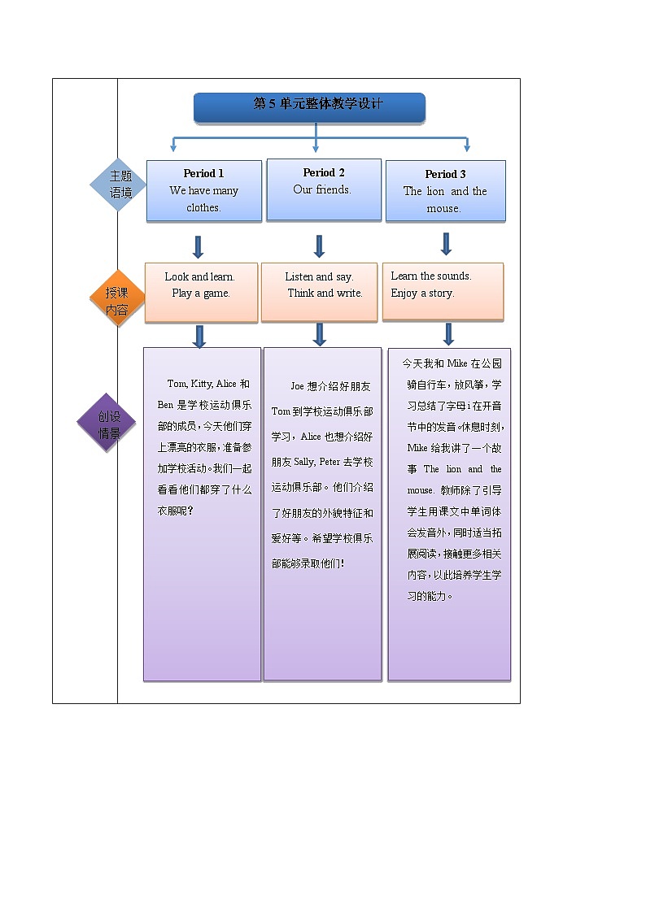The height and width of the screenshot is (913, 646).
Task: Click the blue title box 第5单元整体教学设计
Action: (309, 107)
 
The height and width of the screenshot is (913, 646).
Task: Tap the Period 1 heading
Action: (203, 173)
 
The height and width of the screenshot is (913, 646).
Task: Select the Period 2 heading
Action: (324, 172)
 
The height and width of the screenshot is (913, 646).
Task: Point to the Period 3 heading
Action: (445, 174)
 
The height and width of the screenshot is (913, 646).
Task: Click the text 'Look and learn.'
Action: (199, 276)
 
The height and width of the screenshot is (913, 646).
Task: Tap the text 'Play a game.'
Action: (201, 293)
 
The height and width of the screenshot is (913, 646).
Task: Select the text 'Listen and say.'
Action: (319, 276)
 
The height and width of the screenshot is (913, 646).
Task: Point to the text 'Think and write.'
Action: (325, 293)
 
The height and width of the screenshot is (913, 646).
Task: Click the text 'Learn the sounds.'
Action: (431, 276)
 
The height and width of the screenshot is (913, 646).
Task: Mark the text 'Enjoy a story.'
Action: (422, 293)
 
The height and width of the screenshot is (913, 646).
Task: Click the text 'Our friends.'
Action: (322, 189)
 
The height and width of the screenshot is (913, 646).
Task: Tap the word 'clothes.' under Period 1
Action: (203, 207)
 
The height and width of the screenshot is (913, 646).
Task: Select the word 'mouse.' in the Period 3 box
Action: (443, 208)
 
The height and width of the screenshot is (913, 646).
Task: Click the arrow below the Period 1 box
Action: (198, 247)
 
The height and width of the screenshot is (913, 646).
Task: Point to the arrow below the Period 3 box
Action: (446, 244)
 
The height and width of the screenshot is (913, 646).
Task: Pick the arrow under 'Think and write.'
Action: (320, 334)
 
